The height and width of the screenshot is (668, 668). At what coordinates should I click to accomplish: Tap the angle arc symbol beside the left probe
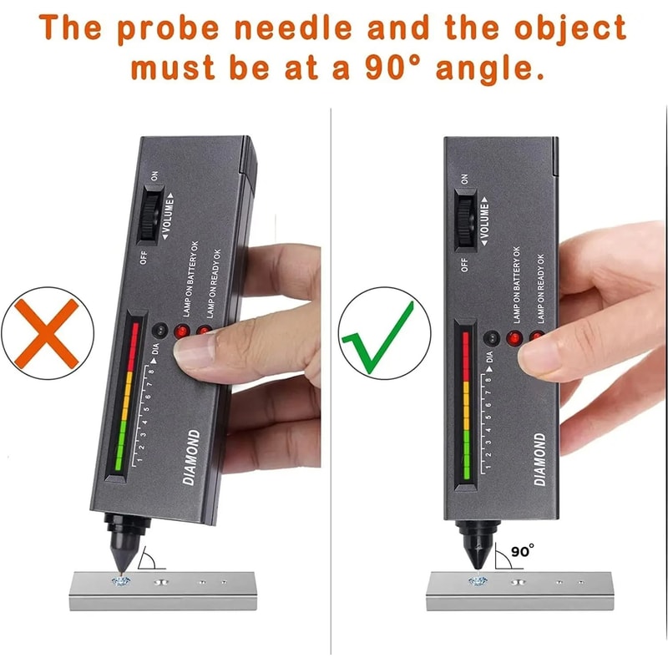point(149,557)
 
